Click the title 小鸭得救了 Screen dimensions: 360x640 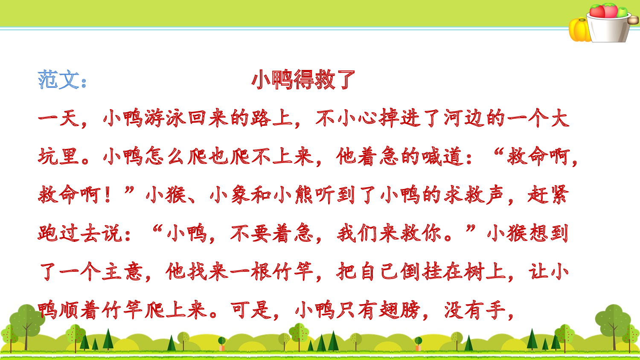point(303,80)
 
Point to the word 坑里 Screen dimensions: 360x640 point(58,157)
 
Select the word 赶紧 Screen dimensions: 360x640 point(548,195)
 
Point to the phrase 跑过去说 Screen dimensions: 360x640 point(80,233)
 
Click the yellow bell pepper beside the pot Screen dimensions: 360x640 point(579,30)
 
